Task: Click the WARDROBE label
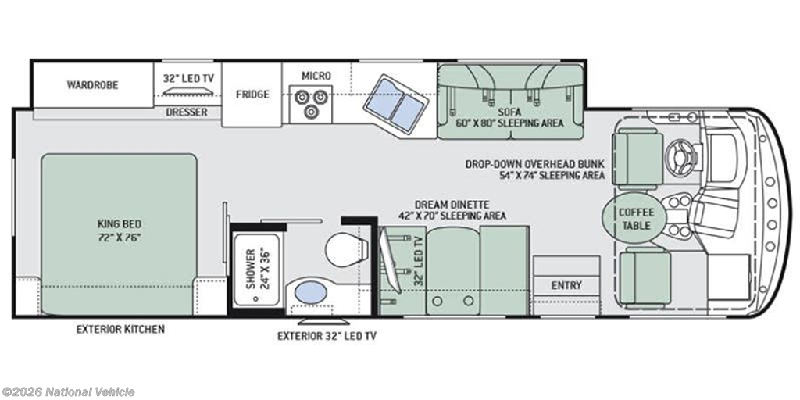(x=92, y=84)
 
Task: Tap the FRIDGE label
(x=252, y=95)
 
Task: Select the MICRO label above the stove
(x=316, y=76)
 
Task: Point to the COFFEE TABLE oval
(x=635, y=218)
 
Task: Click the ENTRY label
(x=566, y=285)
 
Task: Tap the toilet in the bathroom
(x=346, y=249)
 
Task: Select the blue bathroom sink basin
(x=311, y=292)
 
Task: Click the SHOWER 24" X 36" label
(x=257, y=269)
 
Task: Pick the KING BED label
(x=119, y=230)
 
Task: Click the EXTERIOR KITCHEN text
(x=120, y=329)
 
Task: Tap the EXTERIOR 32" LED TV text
(x=327, y=336)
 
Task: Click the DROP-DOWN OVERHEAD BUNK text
(x=534, y=164)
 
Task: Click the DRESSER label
(x=187, y=112)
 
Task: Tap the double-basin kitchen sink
(x=394, y=105)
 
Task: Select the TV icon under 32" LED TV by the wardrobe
(x=187, y=91)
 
